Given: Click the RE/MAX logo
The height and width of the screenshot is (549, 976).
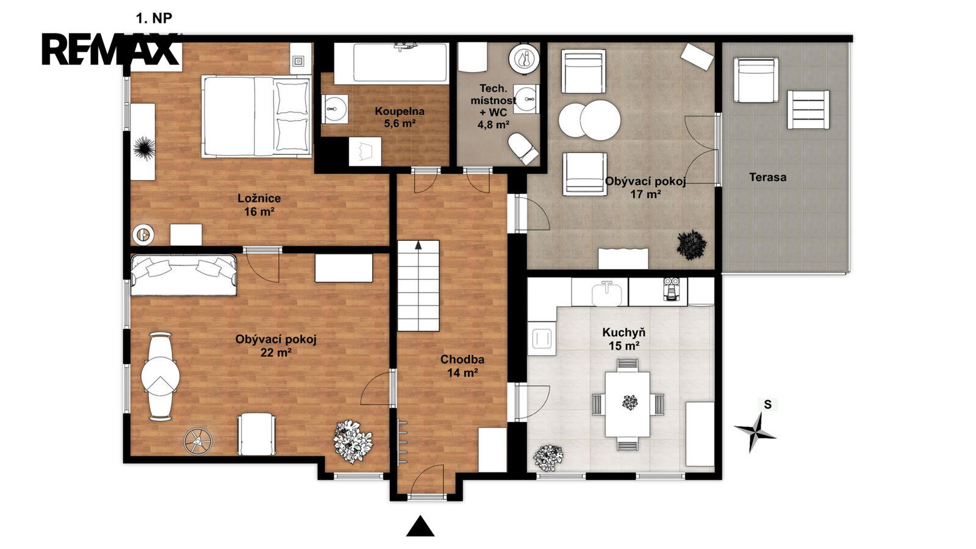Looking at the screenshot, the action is (x=110, y=49).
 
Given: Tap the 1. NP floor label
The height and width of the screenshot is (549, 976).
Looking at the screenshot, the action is (x=154, y=18).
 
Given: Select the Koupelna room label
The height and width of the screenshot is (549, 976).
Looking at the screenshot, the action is (x=400, y=111).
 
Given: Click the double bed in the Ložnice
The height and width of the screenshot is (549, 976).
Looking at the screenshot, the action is (x=256, y=117).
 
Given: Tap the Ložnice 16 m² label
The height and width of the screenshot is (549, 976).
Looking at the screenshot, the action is (x=259, y=205).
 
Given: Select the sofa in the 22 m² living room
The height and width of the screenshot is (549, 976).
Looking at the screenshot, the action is (x=184, y=275).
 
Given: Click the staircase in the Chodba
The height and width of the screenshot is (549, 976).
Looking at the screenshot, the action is (x=418, y=285).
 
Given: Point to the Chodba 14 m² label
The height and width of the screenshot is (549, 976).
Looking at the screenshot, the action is (x=462, y=366).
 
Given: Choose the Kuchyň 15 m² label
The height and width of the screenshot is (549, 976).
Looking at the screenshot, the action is (x=624, y=339).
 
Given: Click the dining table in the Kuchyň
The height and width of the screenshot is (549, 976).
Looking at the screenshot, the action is (x=628, y=404).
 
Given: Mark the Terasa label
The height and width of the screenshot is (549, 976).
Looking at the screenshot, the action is (x=768, y=178).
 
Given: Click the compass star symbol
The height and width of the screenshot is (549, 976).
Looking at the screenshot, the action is (x=755, y=432).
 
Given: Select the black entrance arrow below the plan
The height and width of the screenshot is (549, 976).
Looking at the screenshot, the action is (x=420, y=526).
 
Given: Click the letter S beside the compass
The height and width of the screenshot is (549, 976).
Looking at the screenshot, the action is (x=768, y=405).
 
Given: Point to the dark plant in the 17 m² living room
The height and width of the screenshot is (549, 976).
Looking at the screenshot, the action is (x=692, y=245).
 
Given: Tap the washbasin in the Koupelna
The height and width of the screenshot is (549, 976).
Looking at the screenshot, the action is (x=335, y=109).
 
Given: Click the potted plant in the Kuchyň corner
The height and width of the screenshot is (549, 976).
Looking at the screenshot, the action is (x=548, y=458).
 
